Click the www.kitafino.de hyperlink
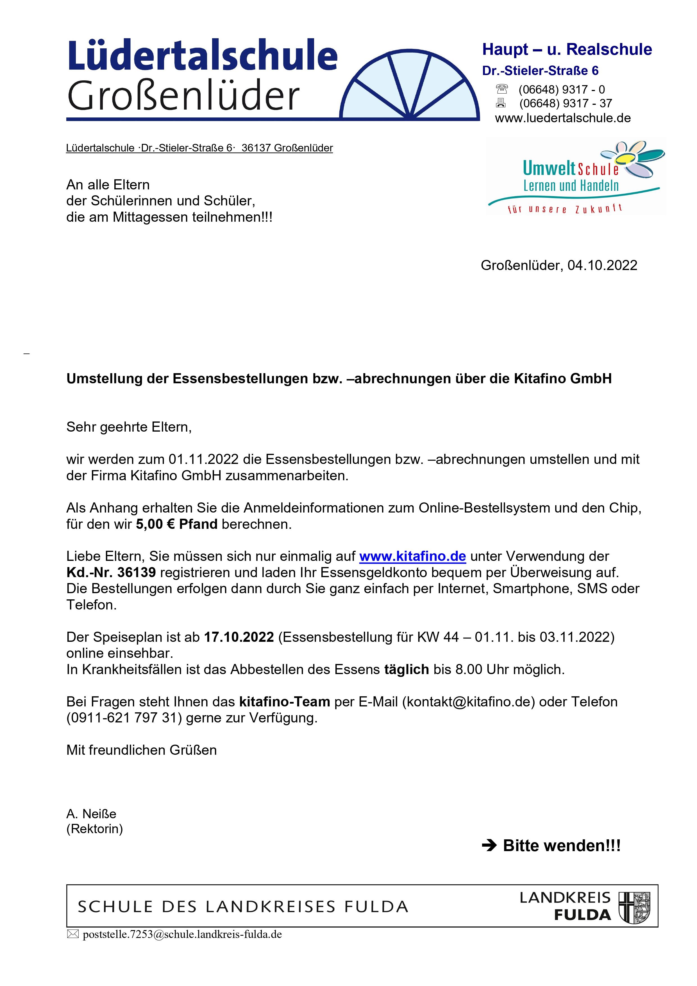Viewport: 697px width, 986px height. tap(412, 556)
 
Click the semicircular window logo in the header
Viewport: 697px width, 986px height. tap(410, 86)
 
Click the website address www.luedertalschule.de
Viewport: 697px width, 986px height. tap(563, 118)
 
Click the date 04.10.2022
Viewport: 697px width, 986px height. tap(602, 265)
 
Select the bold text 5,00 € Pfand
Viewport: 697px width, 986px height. tap(176, 524)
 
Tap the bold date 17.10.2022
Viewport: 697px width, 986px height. tap(239, 637)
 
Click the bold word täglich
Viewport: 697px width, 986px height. tap(406, 669)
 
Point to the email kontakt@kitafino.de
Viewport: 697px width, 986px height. tap(469, 702)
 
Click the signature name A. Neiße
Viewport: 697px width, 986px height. tap(91, 814)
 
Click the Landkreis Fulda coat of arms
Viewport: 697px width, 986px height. tap(634, 907)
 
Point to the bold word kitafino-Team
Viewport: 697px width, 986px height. tap(284, 702)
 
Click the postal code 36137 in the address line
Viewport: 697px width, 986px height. tap(256, 148)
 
